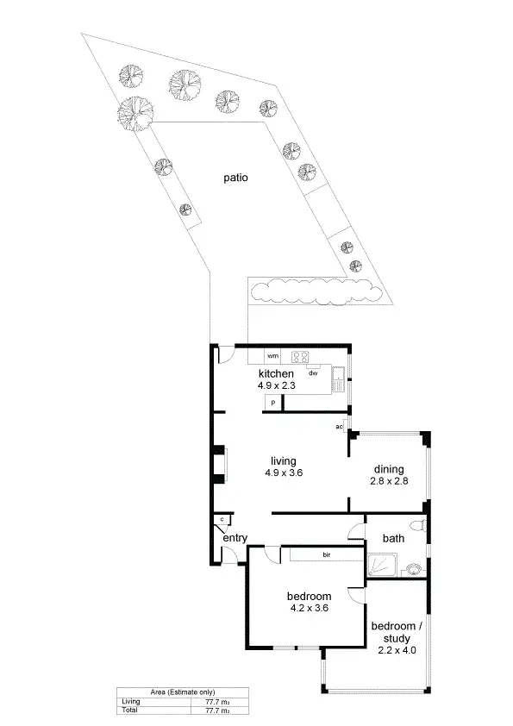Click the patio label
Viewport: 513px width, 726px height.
(234, 178)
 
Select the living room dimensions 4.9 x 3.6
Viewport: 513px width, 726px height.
(284, 473)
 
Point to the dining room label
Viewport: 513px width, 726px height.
(387, 469)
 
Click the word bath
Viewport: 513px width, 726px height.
(393, 539)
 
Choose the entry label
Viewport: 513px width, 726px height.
(235, 538)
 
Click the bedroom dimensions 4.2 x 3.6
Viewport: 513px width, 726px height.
(309, 608)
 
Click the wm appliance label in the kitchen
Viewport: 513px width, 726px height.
(272, 355)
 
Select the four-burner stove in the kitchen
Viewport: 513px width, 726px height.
(301, 356)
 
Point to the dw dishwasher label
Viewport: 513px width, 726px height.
(314, 372)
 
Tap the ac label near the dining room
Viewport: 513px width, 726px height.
(340, 427)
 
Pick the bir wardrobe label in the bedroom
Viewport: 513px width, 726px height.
(327, 554)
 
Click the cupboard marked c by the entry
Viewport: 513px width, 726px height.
(223, 519)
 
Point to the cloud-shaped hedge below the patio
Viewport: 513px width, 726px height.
(316, 291)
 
